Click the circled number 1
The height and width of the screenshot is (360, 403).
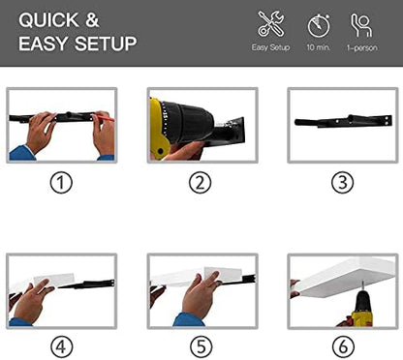click(x=61, y=183)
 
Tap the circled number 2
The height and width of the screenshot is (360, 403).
click(x=201, y=183)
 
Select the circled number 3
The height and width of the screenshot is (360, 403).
click(x=343, y=183)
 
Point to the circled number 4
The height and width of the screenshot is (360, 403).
click(x=61, y=347)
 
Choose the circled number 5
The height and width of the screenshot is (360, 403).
click(x=201, y=347)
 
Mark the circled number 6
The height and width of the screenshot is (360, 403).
click(x=343, y=347)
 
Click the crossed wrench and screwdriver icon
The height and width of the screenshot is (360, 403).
click(x=271, y=23)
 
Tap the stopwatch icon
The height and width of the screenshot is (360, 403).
click(x=319, y=25)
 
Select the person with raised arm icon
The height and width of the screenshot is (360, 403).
click(x=361, y=25)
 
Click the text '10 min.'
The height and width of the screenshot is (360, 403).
click(x=319, y=47)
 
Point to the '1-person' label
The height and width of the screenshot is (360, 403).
click(x=362, y=48)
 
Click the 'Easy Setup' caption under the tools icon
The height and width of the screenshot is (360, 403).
click(x=270, y=47)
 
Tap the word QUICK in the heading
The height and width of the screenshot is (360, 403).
click(x=48, y=20)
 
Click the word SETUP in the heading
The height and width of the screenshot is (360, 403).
click(x=106, y=44)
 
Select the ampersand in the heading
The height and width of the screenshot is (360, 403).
click(x=92, y=20)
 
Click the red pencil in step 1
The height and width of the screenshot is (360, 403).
click(x=104, y=118)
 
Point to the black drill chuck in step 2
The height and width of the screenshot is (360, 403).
click(x=188, y=123)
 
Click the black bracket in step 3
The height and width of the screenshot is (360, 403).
click(x=343, y=121)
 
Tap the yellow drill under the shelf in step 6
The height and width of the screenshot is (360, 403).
click(x=362, y=308)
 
